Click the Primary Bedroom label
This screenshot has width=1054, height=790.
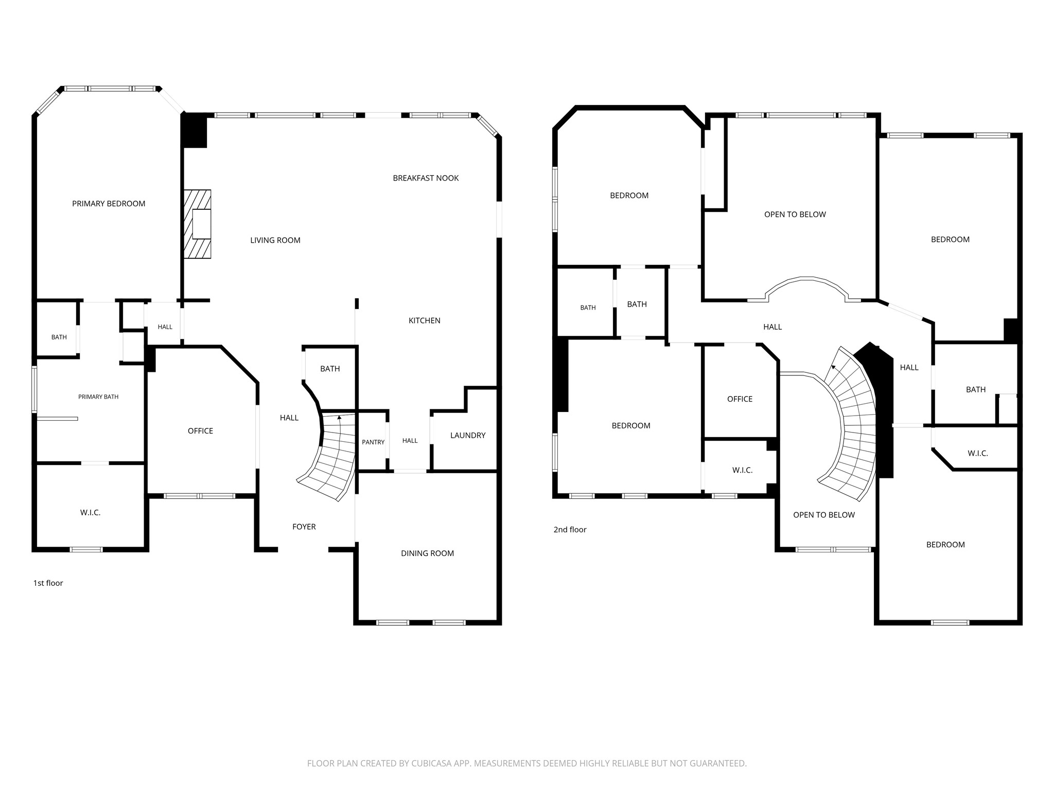[109, 204]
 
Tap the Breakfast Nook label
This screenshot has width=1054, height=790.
[426, 178]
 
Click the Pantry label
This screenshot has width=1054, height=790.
[373, 442]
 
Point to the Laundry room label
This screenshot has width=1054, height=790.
[468, 436]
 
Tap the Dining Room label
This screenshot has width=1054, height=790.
[427, 553]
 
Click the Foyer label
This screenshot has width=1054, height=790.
[304, 527]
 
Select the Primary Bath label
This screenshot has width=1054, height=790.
[98, 397]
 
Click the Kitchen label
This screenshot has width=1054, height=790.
[425, 320]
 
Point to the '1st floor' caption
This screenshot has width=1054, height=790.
[48, 583]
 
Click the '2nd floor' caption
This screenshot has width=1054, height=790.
[570, 529]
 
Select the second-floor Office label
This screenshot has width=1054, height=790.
[740, 399]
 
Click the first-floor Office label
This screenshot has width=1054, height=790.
[200, 431]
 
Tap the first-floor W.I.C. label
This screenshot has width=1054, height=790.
[90, 513]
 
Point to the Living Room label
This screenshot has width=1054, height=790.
[275, 240]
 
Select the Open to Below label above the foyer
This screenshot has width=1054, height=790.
[824, 515]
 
